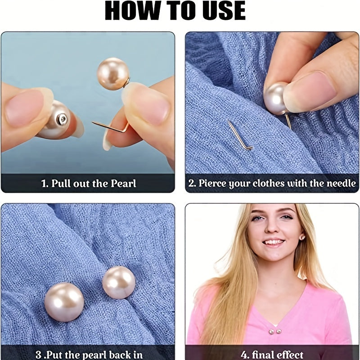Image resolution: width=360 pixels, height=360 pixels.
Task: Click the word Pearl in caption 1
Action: pos(123,184)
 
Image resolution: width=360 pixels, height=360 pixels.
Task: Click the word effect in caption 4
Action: pos(289,355)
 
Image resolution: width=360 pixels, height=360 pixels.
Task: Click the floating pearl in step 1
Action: pos(113,74)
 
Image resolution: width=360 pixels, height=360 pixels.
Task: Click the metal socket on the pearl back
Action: pos(62,119)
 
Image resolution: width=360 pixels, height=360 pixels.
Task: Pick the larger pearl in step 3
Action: pos(64,302)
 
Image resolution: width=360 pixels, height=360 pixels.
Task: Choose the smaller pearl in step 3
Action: pos(119,283)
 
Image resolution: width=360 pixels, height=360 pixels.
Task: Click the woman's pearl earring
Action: pos(302,238)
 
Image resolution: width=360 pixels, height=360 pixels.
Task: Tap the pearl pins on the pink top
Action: pos(275,331)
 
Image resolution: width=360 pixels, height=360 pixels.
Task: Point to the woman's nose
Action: pos(273,226)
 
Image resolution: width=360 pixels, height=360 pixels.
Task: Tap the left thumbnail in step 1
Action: pos(25,108)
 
